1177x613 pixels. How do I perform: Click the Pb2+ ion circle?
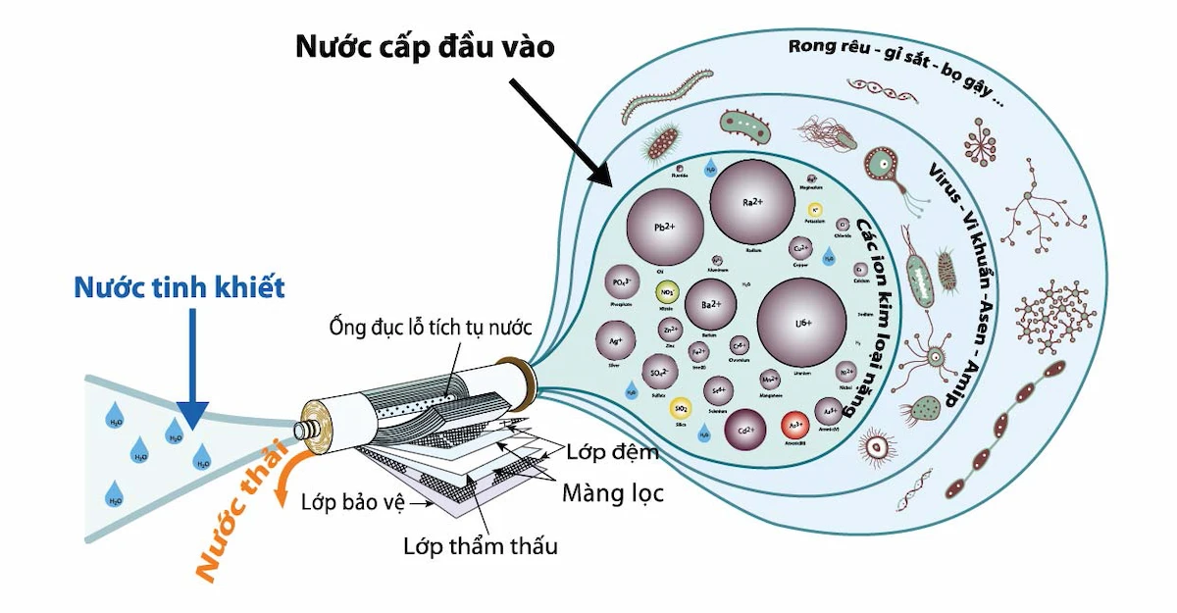pos(665,225)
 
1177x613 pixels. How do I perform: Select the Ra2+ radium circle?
pos(752,202)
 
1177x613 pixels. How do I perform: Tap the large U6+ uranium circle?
pos(801,322)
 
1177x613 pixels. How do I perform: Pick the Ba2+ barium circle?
pos(711,304)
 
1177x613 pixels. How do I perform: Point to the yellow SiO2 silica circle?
pos(680,408)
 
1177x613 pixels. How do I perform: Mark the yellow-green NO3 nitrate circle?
pos(668,292)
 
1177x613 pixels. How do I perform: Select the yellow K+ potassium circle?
pos(815,210)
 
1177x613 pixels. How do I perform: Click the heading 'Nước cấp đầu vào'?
pos(426,47)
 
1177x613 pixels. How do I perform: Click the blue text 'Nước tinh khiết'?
pos(179,287)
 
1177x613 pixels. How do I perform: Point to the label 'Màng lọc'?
pos(612,493)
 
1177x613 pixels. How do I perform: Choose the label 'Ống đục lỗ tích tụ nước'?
pos(426,327)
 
